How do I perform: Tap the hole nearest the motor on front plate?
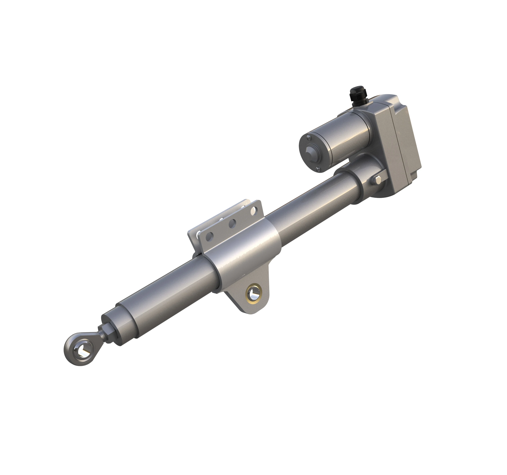point(253,211)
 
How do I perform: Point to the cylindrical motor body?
point(347,138)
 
